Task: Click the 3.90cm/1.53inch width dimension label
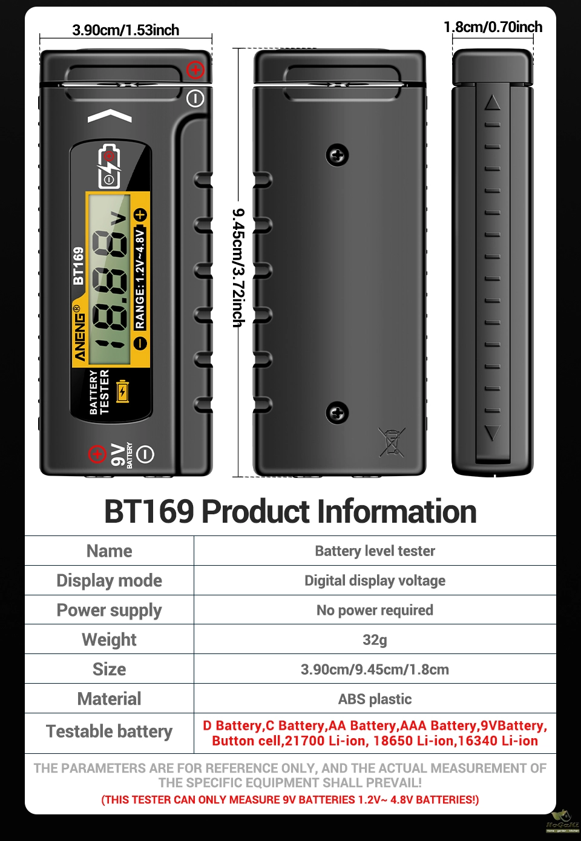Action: (125, 30)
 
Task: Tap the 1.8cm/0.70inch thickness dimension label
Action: (493, 27)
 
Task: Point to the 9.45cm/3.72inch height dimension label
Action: (238, 267)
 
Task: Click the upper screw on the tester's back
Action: (337, 155)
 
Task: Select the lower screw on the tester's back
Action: (337, 413)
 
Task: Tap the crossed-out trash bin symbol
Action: (392, 442)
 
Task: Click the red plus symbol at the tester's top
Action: (195, 70)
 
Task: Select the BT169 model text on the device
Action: (78, 266)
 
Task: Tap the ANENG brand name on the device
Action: (79, 335)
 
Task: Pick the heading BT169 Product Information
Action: (290, 511)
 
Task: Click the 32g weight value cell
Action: (375, 640)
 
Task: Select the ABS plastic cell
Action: (375, 699)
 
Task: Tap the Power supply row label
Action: (109, 610)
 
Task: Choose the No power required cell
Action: (375, 610)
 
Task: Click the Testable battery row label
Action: (109, 731)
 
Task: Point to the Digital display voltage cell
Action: (375, 581)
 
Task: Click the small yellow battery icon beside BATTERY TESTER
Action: (123, 391)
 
